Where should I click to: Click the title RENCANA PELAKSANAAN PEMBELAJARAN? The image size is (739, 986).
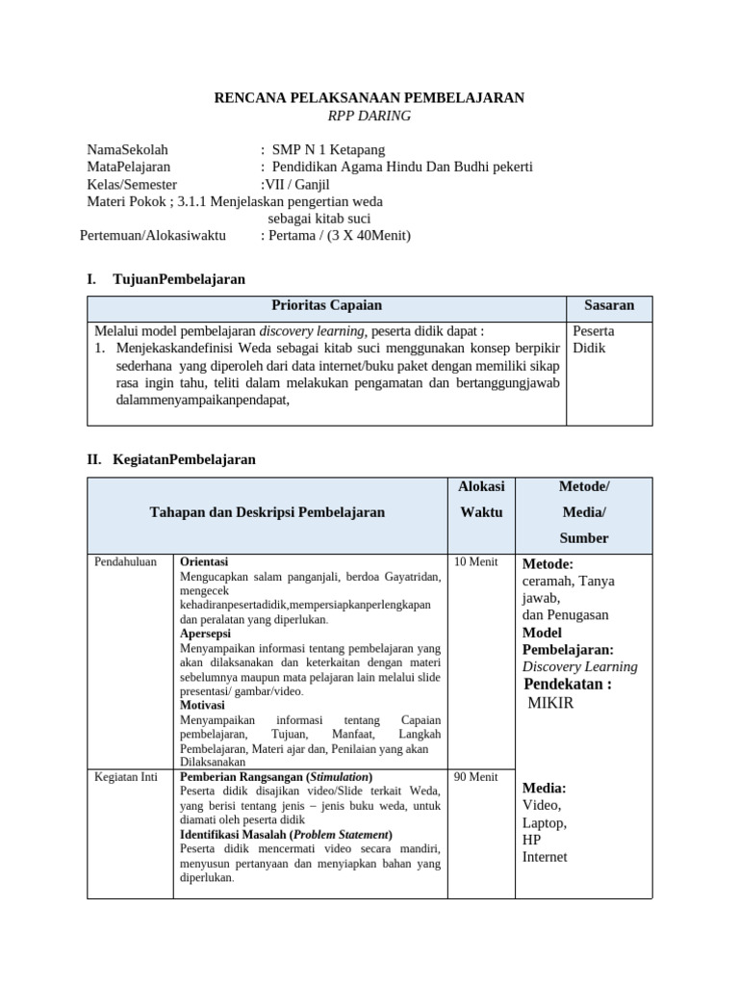[x=369, y=97]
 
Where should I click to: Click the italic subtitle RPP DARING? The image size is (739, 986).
[x=369, y=116]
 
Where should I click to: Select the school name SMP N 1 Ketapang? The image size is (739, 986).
[x=328, y=149]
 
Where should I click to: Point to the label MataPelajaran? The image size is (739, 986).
[x=129, y=167]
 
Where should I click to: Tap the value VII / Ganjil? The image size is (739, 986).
[x=296, y=184]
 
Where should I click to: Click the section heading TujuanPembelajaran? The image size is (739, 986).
[x=178, y=279]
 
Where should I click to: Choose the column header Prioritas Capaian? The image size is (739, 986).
[x=326, y=305]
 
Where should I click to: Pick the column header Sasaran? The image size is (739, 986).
[x=609, y=305]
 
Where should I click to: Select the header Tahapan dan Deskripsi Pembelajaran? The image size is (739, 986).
[x=267, y=512]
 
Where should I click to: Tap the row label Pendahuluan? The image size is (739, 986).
[x=126, y=561]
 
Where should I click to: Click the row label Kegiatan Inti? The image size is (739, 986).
[x=125, y=777]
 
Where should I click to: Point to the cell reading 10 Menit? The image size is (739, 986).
[x=475, y=561]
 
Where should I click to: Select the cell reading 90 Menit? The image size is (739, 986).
[x=475, y=777]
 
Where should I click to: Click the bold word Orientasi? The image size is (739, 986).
[x=204, y=561]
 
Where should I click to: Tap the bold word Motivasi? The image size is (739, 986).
[x=202, y=705]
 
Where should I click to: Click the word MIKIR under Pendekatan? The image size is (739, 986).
[x=551, y=703]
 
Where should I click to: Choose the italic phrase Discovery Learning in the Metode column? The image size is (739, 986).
[x=579, y=666]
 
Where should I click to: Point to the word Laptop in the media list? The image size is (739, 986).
[x=545, y=822]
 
